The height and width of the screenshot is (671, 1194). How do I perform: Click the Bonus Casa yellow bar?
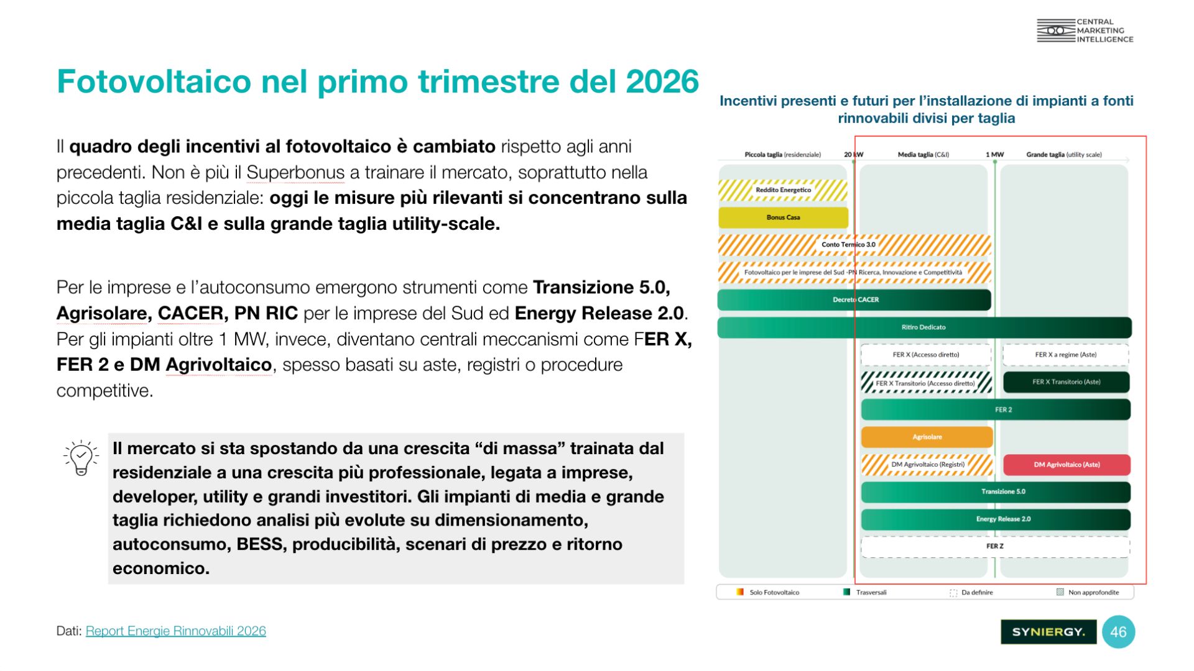tap(783, 217)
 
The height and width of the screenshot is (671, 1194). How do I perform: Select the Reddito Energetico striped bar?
tap(783, 190)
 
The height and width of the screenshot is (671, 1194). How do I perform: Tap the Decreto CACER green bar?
tap(854, 299)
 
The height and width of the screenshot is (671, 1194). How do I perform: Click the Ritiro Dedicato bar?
tap(924, 327)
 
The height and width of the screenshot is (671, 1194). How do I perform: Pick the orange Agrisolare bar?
tap(927, 437)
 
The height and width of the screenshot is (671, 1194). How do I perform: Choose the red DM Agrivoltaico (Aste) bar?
tap(1067, 465)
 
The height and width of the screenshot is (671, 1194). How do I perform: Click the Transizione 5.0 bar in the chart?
tap(996, 492)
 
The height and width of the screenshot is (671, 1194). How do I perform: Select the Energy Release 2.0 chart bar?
tap(996, 519)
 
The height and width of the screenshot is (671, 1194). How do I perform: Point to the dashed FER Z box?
tap(995, 547)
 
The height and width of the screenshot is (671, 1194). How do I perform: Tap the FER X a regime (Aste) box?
tap(1066, 355)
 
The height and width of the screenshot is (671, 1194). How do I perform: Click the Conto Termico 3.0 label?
tap(848, 245)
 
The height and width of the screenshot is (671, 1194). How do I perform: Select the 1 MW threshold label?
tap(994, 155)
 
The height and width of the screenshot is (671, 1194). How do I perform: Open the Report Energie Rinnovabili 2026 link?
tap(176, 631)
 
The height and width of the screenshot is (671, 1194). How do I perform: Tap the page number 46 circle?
tap(1118, 632)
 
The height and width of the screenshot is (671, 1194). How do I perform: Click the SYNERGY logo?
tap(1048, 632)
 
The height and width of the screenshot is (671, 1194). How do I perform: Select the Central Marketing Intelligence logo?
tap(1085, 30)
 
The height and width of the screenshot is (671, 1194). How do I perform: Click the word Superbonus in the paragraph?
tap(295, 173)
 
